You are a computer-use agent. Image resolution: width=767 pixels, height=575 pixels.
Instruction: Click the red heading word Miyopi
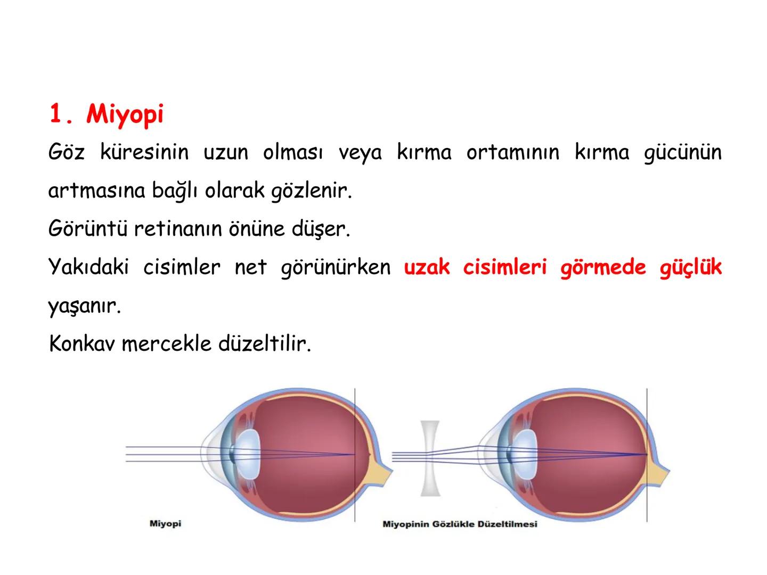pyautogui.click(x=125, y=114)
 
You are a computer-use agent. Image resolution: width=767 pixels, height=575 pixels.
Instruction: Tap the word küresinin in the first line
pyautogui.click(x=144, y=153)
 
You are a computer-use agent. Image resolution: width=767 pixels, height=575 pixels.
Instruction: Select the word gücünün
pyautogui.click(x=682, y=153)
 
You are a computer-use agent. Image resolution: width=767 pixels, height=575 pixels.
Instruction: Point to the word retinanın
pyautogui.click(x=180, y=229)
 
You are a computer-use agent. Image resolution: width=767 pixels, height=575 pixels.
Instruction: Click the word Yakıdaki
pyautogui.click(x=88, y=267)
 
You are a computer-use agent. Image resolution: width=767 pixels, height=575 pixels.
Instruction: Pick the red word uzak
pyautogui.click(x=426, y=267)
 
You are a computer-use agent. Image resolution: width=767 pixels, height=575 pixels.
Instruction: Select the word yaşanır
pyautogui.click(x=84, y=306)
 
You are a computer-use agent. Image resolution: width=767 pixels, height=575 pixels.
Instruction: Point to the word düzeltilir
pyautogui.click(x=264, y=344)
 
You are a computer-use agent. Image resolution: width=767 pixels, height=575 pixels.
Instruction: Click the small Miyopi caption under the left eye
pyautogui.click(x=165, y=524)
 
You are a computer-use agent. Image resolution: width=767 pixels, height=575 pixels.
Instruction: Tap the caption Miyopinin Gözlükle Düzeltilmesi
pyautogui.click(x=460, y=524)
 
